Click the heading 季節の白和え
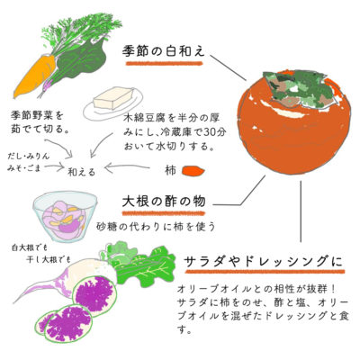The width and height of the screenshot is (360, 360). (x=164, y=51)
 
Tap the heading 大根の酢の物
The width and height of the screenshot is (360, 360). (x=164, y=202)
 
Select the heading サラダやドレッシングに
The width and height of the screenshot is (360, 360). (x=263, y=262)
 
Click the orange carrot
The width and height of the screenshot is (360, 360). (x=34, y=76)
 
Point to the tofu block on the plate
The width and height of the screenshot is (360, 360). (x=113, y=98)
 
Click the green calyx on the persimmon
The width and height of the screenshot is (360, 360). (x=298, y=87)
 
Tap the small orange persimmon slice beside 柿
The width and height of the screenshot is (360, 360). (x=193, y=171)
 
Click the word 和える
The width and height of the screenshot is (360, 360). (x=82, y=172)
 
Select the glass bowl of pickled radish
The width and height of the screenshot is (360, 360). (x=65, y=216)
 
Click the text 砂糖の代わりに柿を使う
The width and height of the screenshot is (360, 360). (x=156, y=227)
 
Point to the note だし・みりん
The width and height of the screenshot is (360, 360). (x=28, y=157)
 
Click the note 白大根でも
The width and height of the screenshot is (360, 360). (x=30, y=248)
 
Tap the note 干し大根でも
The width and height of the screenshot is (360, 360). (x=49, y=259)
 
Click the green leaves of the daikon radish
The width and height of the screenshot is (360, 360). (x=139, y=264)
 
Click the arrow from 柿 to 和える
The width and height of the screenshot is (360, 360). (x=127, y=167)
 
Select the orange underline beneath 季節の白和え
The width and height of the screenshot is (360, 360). (x=165, y=63)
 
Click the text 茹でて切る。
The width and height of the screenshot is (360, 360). (x=41, y=130)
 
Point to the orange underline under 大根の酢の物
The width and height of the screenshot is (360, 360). (x=164, y=213)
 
